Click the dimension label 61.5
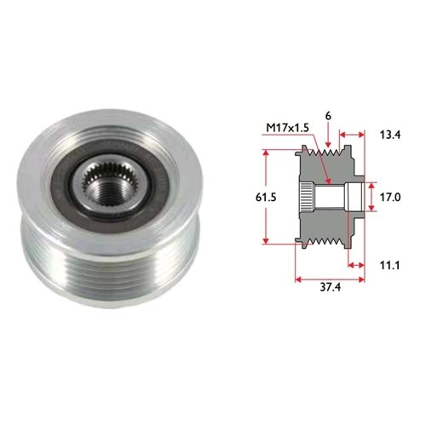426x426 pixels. [266, 197]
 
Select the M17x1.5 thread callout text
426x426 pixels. [287, 128]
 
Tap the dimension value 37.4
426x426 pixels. [330, 287]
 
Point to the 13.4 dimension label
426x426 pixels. [390, 135]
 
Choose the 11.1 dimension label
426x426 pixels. [389, 266]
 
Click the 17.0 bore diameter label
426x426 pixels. [390, 197]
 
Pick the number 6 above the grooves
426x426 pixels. [328, 116]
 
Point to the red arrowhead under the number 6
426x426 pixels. [328, 144]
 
